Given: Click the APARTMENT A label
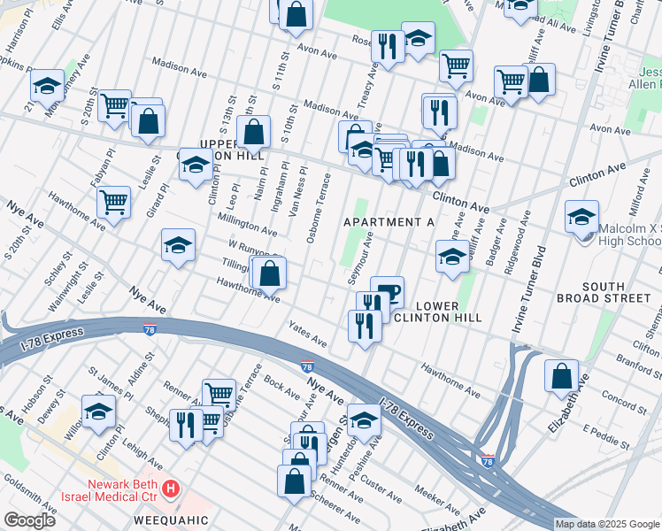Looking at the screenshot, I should point(389,222).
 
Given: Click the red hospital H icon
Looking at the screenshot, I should point(172,488).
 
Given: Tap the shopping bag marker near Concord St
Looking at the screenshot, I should point(561,375).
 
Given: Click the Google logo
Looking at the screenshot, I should point(29,520).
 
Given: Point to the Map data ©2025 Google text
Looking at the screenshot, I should point(607,524).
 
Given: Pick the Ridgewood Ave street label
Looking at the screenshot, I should point(507,245).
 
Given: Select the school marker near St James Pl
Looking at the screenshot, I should point(98,411).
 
